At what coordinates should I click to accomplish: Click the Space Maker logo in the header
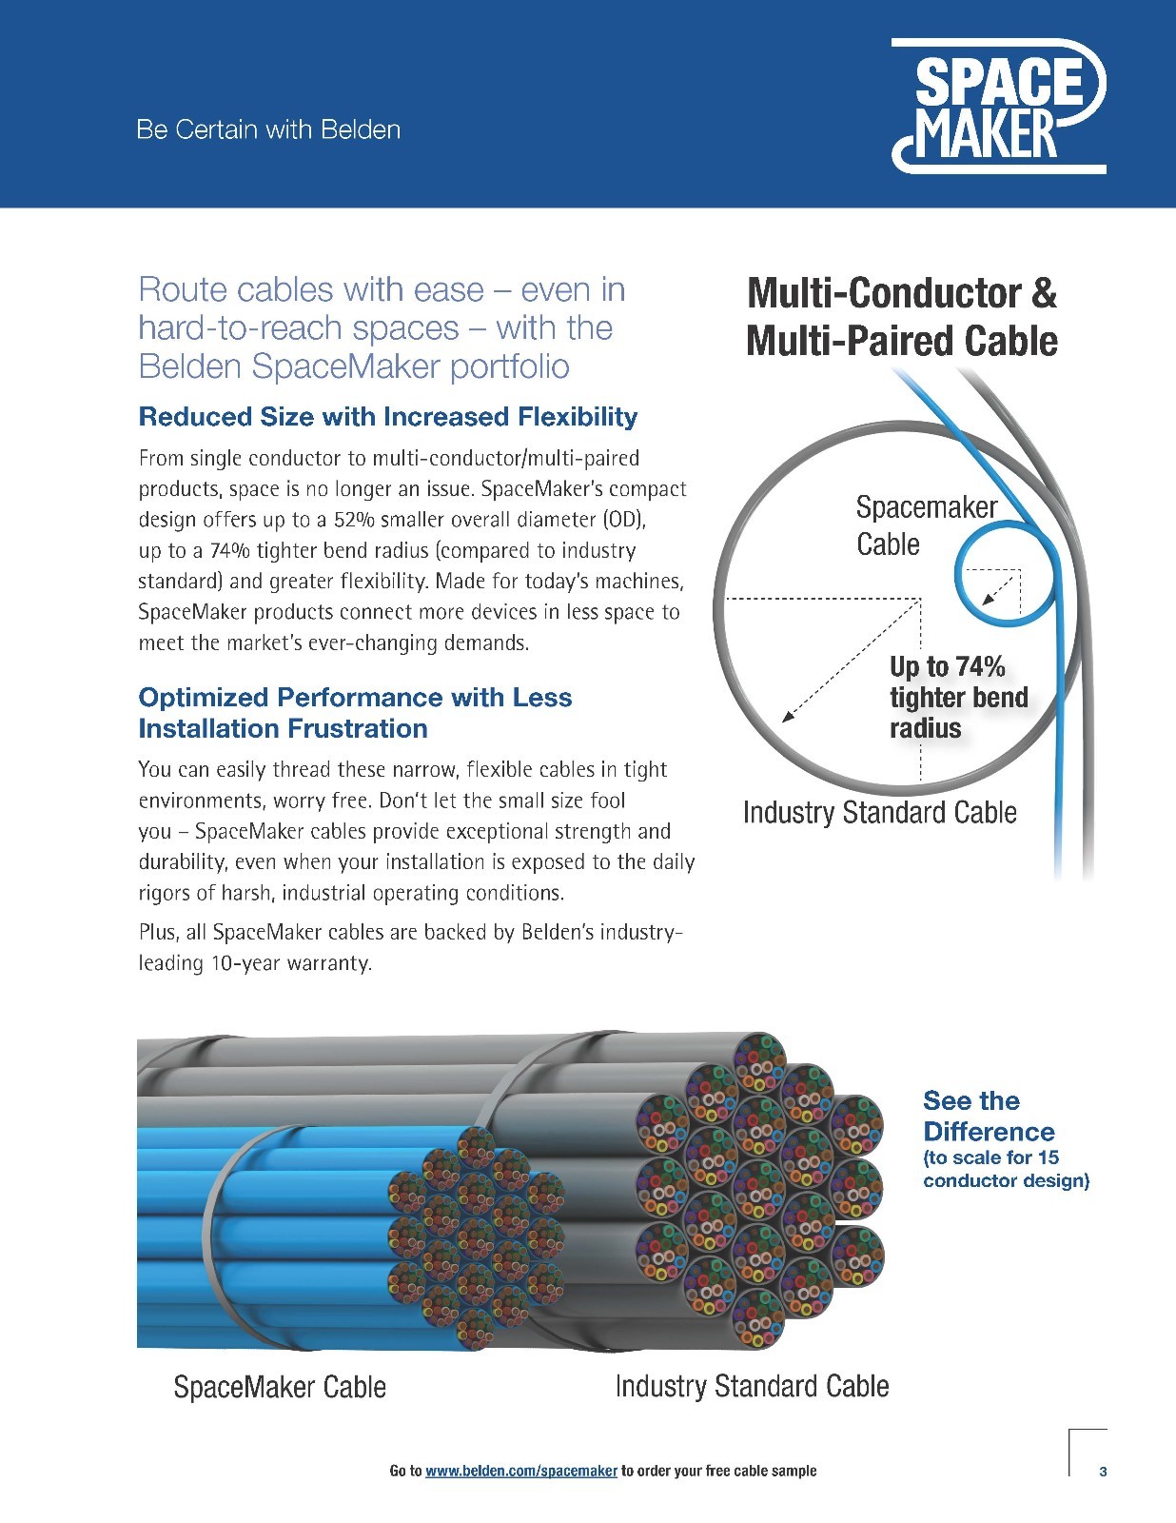(x=998, y=106)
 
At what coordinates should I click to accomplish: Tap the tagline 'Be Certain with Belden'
(x=268, y=129)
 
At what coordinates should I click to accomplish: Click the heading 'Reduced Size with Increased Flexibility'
(x=388, y=416)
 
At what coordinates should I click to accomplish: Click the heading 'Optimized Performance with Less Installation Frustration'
(x=355, y=713)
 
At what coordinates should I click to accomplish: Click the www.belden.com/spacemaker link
(x=521, y=1470)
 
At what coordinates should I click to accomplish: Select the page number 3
(x=1103, y=1472)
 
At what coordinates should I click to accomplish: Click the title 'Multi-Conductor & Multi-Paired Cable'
(x=902, y=316)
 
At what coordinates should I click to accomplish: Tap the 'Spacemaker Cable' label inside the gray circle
(x=926, y=525)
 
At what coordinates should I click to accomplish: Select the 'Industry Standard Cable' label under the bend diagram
(x=880, y=813)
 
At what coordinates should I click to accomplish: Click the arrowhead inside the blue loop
(x=988, y=598)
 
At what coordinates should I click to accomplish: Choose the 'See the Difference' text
(x=989, y=1116)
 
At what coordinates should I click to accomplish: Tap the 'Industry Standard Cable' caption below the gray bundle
(x=753, y=1386)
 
